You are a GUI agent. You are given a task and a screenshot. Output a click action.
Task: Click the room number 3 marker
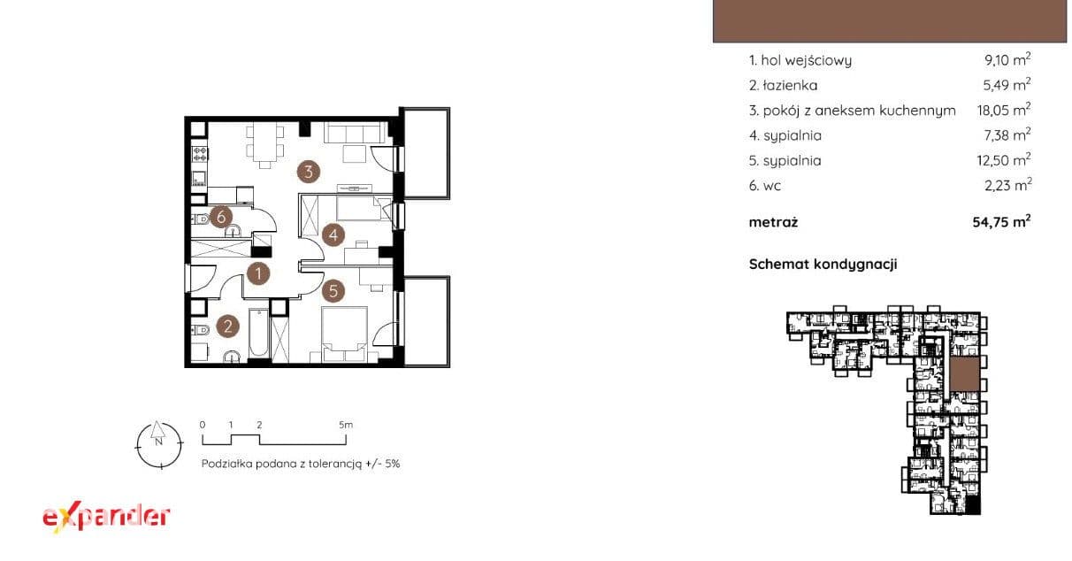coord(308,172)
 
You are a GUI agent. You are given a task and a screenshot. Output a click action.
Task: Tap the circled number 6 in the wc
coord(221,218)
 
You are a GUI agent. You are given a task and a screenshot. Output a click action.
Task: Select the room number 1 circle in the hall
coord(258,273)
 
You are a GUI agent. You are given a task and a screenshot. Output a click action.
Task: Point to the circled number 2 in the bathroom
coord(228,327)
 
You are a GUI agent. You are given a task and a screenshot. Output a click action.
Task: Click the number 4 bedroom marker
coord(333,235)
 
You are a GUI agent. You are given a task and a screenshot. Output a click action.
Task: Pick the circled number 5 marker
coord(333,291)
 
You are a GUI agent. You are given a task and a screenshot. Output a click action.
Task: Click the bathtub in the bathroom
coord(259,333)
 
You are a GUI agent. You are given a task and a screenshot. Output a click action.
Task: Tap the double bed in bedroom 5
coord(344,334)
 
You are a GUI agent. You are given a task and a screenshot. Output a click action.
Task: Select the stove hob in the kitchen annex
coord(200,154)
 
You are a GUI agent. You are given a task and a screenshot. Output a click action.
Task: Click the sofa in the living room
coord(355,133)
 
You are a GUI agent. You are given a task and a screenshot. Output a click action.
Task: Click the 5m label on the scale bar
coord(346,425)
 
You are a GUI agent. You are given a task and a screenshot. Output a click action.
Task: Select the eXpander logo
coord(106,518)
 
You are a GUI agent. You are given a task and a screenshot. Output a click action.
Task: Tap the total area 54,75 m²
coord(1001,222)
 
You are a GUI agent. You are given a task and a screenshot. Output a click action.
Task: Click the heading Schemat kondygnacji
coord(823,265)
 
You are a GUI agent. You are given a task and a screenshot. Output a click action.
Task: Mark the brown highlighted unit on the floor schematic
coord(964,374)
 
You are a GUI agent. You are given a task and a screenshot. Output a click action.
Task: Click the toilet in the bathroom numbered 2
coord(201,330)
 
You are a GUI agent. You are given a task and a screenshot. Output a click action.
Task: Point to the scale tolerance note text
coord(301,464)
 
